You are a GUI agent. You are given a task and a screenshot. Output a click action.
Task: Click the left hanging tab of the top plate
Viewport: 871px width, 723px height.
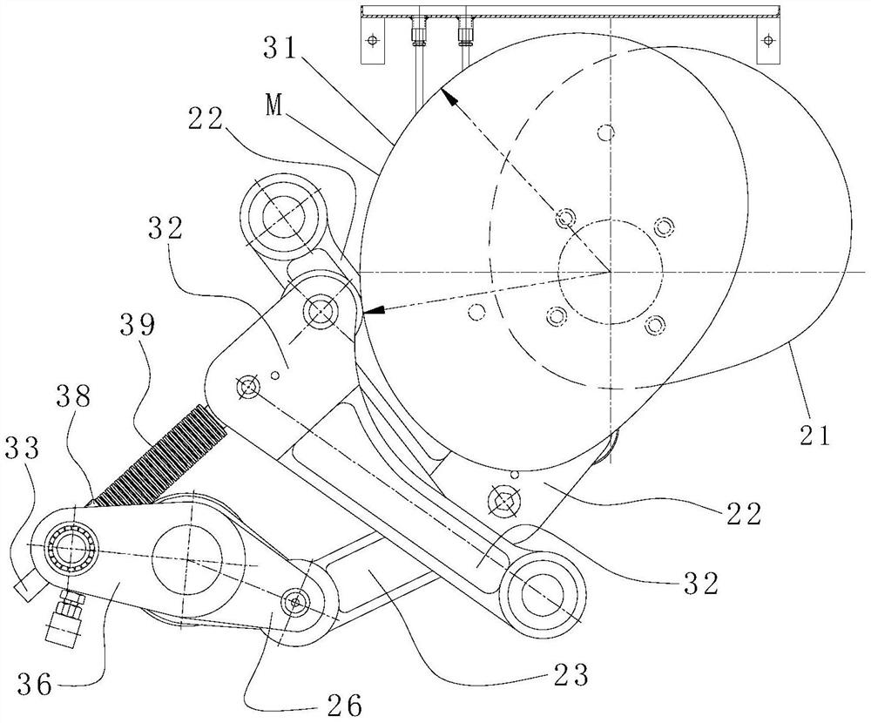[372, 42]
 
